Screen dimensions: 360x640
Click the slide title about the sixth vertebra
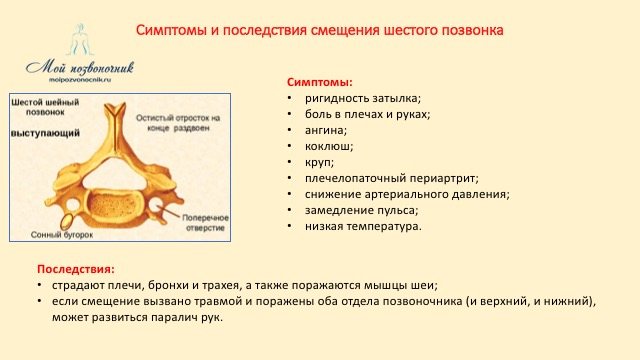tap(319, 31)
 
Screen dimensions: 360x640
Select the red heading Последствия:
tap(75, 269)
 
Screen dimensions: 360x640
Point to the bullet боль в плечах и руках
tap(368, 114)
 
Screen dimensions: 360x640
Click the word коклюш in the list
tap(329, 146)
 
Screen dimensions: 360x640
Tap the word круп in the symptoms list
tap(320, 162)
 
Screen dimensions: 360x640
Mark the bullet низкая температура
tap(364, 226)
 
